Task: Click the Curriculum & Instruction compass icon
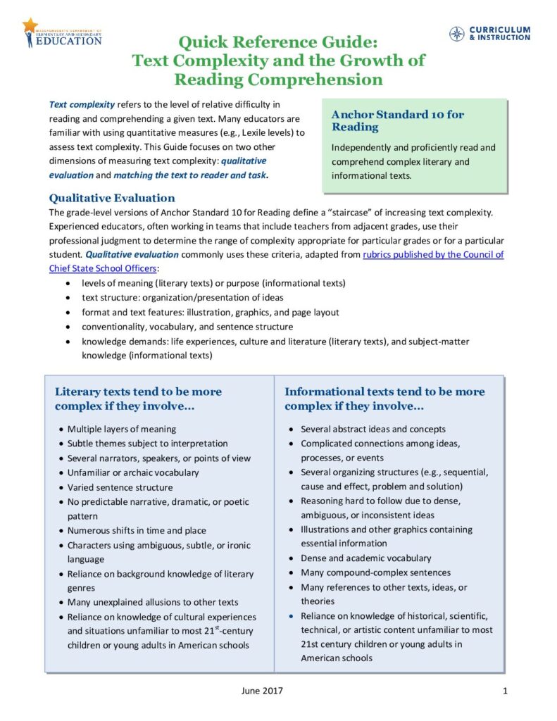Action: pyautogui.click(x=457, y=33)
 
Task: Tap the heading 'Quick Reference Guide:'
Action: pyautogui.click(x=278, y=42)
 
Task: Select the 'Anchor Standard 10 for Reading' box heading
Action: pyautogui.click(x=397, y=120)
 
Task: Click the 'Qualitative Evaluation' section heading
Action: pyautogui.click(x=112, y=198)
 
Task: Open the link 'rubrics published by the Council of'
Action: pyautogui.click(x=433, y=254)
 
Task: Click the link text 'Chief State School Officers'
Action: pyautogui.click(x=103, y=268)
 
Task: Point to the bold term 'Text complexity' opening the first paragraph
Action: pyautogui.click(x=82, y=104)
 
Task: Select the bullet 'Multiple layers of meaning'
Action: pyautogui.click(x=122, y=429)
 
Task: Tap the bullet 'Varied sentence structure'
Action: pyautogui.click(x=120, y=487)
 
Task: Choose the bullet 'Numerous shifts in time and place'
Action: pyautogui.click(x=137, y=530)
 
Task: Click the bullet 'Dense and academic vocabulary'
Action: pyautogui.click(x=365, y=558)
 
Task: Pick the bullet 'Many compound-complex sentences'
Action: pyautogui.click(x=375, y=572)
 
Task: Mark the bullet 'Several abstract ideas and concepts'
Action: pyautogui.click(x=373, y=429)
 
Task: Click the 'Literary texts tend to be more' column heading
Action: pyautogui.click(x=138, y=391)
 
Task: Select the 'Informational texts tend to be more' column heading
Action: pyautogui.click(x=384, y=391)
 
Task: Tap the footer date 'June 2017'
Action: pyautogui.click(x=262, y=691)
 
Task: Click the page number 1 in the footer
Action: pyautogui.click(x=505, y=691)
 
